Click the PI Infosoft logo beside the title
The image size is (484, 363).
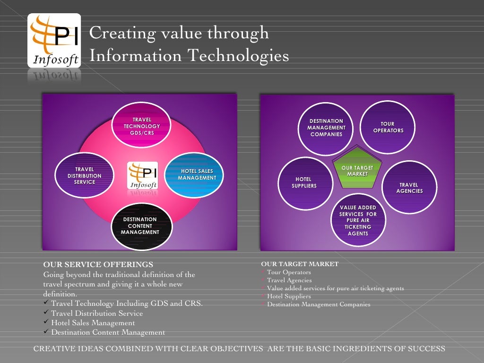point(54,41)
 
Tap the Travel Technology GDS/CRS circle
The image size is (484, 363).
point(142,126)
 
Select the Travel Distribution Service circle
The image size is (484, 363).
point(85,175)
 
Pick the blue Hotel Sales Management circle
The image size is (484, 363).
point(197,174)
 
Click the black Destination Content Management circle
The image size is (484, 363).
point(140,226)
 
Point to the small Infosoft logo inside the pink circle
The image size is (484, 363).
point(142,175)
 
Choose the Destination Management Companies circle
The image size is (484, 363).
point(326,128)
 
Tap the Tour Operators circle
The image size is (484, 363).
point(388,127)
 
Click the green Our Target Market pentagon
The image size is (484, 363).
point(357,173)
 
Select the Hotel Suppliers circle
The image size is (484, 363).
point(304,182)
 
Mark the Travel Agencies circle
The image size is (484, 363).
point(409,187)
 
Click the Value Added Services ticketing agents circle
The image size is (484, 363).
point(358,221)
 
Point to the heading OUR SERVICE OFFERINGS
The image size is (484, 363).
point(98,265)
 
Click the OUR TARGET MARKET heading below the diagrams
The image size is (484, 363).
point(300,264)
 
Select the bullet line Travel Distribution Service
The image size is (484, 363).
point(97,313)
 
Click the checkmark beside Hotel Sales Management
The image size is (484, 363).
point(46,322)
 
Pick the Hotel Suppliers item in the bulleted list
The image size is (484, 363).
point(289,296)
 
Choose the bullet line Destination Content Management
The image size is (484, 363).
point(108,332)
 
